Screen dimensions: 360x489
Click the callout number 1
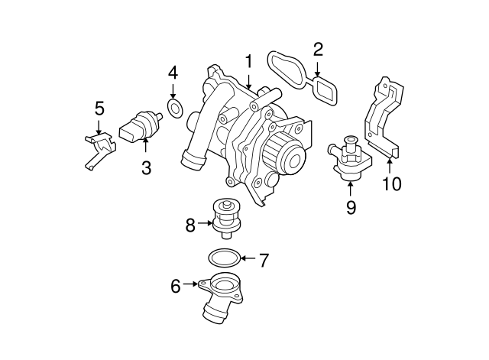248,61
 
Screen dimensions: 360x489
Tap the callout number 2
318,50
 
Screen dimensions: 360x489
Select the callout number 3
145,166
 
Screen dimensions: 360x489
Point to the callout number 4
173,73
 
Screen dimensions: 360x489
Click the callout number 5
99,108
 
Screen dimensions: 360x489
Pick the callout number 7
264,260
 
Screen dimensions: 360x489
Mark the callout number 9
351,207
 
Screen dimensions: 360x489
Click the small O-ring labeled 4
175,109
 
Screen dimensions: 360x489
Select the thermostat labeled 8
225,219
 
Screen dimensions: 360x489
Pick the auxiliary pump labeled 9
348,157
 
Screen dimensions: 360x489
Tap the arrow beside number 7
248,260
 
